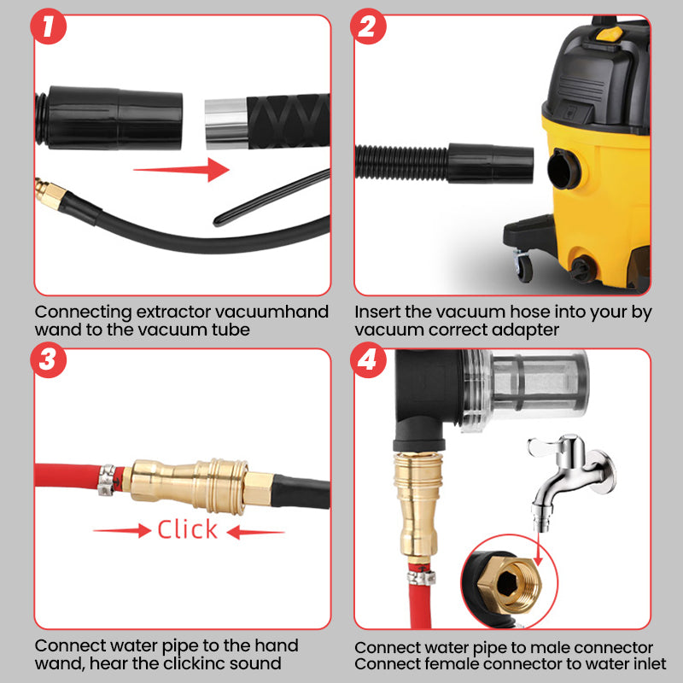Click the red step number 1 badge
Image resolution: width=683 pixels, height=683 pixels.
click(x=49, y=26)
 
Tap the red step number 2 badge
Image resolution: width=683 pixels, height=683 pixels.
click(x=368, y=26)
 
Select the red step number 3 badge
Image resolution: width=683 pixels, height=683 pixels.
click(x=49, y=359)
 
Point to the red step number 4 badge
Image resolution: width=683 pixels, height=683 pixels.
click(x=368, y=359)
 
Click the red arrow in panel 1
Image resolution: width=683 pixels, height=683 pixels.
click(x=181, y=169)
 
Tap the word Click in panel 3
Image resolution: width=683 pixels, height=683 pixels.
click(x=187, y=529)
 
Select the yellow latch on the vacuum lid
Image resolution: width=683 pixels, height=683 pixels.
click(x=609, y=33)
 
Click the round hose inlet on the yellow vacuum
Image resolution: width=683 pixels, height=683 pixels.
click(x=564, y=169)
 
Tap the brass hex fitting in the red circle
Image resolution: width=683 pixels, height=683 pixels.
click(x=509, y=584)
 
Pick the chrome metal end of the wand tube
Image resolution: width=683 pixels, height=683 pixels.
click(x=226, y=124)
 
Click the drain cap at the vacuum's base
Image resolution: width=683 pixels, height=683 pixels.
click(x=581, y=269)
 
